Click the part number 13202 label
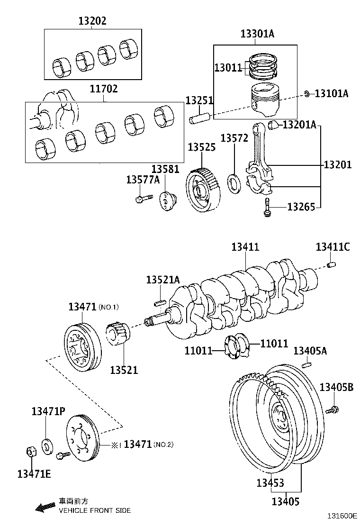tap(92, 21)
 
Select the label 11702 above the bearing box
tap(104, 89)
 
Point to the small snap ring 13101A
tap(307, 94)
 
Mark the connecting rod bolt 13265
tap(267, 208)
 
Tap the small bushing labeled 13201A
tap(273, 125)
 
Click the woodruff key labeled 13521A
tap(159, 300)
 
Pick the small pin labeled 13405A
tap(307, 364)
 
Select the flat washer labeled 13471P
tap(47, 446)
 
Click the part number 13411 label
tap(245, 247)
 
